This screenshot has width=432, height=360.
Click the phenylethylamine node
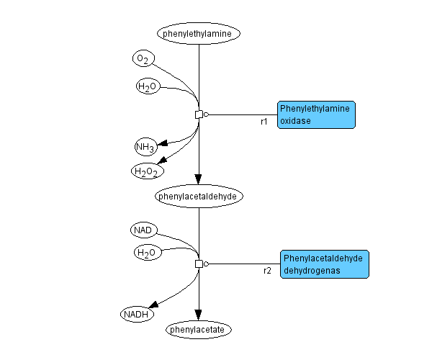pos(199,33)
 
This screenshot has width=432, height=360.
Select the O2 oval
pos(143,58)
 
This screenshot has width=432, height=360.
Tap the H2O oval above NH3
pos(147,87)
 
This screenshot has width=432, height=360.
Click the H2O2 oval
pos(147,171)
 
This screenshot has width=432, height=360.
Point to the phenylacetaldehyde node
pos(199,195)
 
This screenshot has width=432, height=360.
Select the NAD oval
pos(143,230)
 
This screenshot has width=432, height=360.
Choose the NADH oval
pos(138,314)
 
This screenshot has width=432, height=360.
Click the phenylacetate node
pos(198,330)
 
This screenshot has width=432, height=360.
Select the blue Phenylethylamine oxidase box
pos(316,114)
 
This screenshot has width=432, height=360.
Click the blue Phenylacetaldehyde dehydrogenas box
pos(324,264)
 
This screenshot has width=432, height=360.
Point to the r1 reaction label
pos(264,122)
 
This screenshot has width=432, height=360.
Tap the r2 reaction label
pos(267,271)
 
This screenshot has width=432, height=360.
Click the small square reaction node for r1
pos(199,114)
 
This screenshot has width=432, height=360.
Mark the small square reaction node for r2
pos(199,264)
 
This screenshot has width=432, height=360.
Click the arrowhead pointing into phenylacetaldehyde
pos(199,179)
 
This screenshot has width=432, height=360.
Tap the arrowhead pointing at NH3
pos(163,143)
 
